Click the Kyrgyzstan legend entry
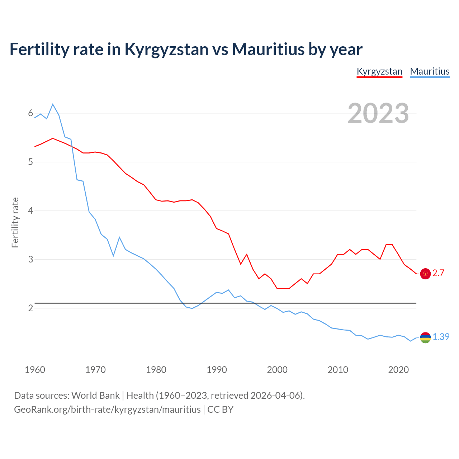379,71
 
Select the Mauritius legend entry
430,71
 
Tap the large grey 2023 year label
378,113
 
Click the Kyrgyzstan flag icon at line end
425,274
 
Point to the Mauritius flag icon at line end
425,337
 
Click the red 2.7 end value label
438,273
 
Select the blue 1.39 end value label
441,337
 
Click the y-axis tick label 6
30,113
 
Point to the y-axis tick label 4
30,210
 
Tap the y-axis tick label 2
30,308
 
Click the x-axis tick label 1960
35,370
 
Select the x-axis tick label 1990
217,370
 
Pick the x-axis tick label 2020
398,370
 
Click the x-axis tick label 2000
277,370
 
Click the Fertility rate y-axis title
15,222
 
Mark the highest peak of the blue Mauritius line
53,104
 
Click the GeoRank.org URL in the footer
107,410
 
